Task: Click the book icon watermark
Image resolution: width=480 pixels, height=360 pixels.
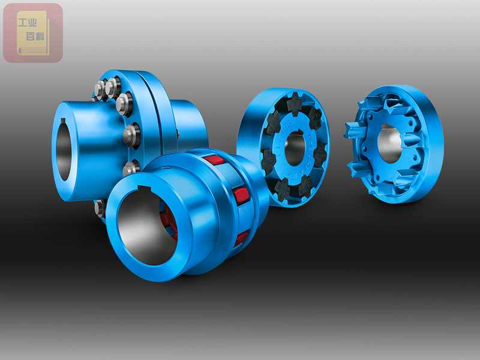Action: pos(33,33)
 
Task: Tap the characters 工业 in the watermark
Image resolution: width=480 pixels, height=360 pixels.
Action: pos(28,23)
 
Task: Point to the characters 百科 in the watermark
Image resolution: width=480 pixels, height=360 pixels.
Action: pos(35,37)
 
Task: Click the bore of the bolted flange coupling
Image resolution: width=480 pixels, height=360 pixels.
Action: pos(64,149)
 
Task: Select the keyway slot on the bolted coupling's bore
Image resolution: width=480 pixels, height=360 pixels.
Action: pos(63,122)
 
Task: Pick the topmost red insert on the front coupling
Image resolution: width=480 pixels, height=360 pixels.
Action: pos(213,160)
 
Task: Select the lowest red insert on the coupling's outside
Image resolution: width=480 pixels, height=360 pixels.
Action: pos(241,239)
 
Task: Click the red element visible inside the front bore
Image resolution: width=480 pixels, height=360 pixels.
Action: pos(171,221)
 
